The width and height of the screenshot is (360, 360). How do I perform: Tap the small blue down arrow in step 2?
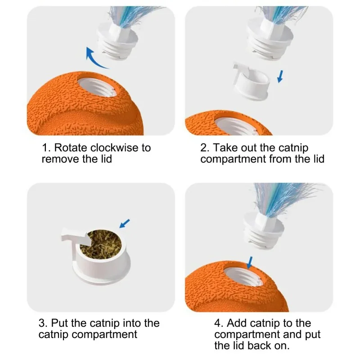click(280, 76)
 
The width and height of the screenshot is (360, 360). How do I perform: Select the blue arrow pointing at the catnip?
click(125, 223)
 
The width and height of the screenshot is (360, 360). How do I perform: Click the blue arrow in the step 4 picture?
click(250, 263)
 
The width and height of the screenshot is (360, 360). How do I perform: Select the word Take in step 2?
click(226, 148)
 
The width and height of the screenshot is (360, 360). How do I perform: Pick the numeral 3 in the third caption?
click(43, 323)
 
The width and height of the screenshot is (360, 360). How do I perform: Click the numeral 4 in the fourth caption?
click(218, 323)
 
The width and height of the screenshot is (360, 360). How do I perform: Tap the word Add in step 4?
click(237, 323)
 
